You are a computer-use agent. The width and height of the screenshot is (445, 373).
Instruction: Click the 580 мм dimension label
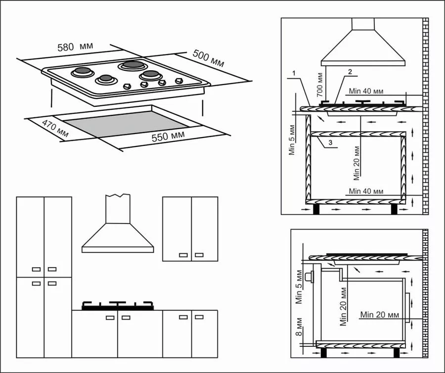click(73, 47)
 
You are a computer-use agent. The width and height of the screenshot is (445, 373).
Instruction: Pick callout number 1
click(293, 74)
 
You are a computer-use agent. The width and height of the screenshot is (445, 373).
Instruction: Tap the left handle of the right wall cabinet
click(183, 255)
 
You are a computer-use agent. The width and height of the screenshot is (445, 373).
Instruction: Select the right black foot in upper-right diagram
click(394, 209)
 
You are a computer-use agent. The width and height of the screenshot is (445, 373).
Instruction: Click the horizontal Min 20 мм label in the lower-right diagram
click(380, 315)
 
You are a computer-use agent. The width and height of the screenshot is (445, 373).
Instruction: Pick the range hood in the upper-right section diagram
click(363, 47)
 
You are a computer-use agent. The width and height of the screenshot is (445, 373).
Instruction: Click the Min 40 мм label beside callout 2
click(366, 91)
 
